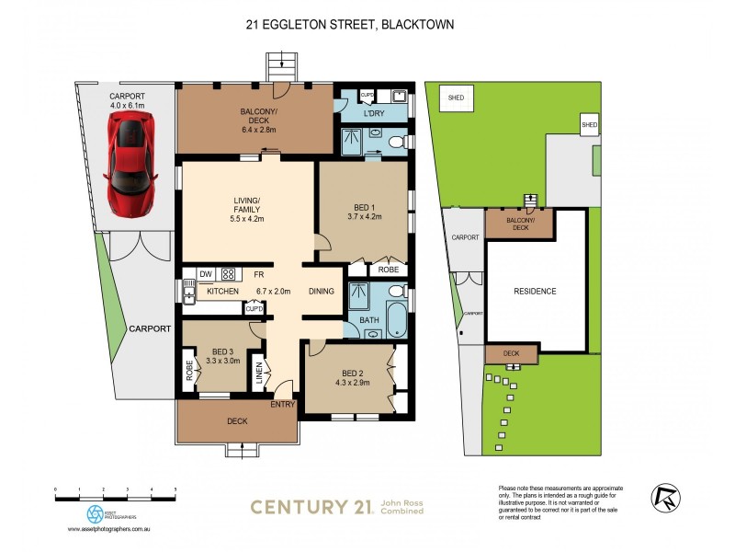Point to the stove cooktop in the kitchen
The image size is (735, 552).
tap(228, 273)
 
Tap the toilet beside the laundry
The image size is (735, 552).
tap(395, 143)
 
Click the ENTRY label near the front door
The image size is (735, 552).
tap(283, 403)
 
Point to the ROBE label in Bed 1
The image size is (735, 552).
tap(387, 270)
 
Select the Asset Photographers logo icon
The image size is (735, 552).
tap(95, 513)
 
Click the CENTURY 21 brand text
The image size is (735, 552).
tap(311, 506)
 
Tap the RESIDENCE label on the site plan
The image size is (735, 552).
tap(534, 292)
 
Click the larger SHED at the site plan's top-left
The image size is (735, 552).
tap(456, 98)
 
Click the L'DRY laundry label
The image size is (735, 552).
tap(373, 113)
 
